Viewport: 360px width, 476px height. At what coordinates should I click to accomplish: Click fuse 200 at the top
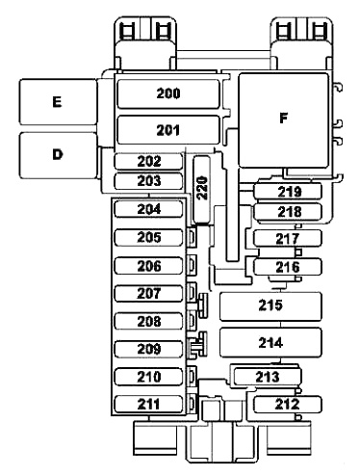[168, 93]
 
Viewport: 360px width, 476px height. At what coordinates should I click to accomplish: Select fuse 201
[168, 129]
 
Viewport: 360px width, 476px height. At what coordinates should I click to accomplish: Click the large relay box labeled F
[283, 119]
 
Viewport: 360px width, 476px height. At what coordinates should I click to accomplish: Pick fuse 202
[148, 162]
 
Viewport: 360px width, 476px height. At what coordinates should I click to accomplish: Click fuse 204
[148, 209]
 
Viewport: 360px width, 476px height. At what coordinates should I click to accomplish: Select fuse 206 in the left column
[148, 266]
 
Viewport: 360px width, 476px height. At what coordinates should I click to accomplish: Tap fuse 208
[148, 321]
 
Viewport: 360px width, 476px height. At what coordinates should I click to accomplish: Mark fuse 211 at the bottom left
[148, 404]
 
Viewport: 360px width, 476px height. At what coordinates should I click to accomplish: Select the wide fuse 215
[270, 306]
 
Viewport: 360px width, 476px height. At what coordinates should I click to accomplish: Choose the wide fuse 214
[270, 342]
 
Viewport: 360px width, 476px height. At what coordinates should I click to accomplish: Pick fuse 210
[148, 376]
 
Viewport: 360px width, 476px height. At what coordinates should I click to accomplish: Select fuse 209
[148, 349]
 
